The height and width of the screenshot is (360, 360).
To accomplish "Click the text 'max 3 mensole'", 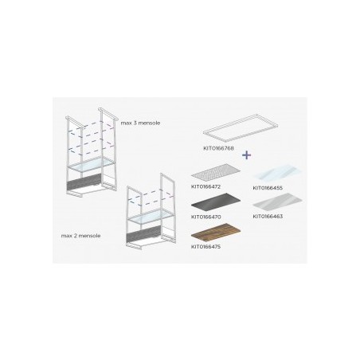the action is tap(140, 123).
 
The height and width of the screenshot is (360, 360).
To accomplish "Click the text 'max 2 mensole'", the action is tap(80, 236).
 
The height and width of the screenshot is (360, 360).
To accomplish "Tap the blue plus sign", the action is tap(247, 155).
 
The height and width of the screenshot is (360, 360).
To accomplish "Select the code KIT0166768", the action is tap(218, 148).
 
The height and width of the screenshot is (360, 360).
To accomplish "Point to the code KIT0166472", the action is tap(205, 186).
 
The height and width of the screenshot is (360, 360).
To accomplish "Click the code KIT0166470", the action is tap(205, 217).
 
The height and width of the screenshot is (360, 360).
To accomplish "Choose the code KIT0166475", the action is tap(205, 247).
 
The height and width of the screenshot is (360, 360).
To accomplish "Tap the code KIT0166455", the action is tap(268, 188).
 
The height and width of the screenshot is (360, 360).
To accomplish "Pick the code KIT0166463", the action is tap(268, 217).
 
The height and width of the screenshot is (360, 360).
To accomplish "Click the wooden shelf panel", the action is tap(216, 230).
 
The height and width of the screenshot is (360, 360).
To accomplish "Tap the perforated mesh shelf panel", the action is tap(216, 171).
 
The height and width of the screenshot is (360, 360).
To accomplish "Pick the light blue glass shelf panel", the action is tap(277, 172).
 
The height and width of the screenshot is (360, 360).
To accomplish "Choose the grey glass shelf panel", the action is tap(277, 202).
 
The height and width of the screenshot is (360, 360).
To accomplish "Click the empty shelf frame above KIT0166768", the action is tap(241, 127).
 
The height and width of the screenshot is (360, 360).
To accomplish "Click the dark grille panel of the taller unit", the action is tap(84, 182).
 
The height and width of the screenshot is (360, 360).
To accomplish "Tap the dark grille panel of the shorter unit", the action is tap(144, 234).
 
